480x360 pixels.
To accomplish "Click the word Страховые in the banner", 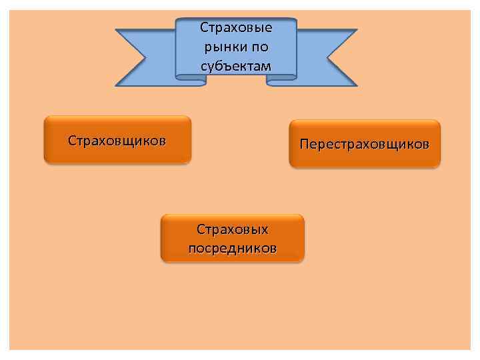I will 236,28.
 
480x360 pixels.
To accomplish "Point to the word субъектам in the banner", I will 236,66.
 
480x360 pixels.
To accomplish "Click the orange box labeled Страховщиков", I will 117,140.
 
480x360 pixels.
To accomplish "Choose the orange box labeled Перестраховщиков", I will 365,143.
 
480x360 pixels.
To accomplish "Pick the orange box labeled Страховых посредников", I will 232,237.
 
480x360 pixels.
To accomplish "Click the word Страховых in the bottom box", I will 232,229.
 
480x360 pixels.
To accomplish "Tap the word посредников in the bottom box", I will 232,248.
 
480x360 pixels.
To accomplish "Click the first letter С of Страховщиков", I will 72,141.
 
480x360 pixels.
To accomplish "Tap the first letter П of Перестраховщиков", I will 304,144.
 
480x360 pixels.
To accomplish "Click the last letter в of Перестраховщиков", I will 425,144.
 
